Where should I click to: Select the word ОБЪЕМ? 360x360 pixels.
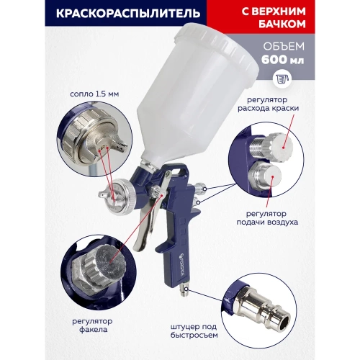pos(280,49)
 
